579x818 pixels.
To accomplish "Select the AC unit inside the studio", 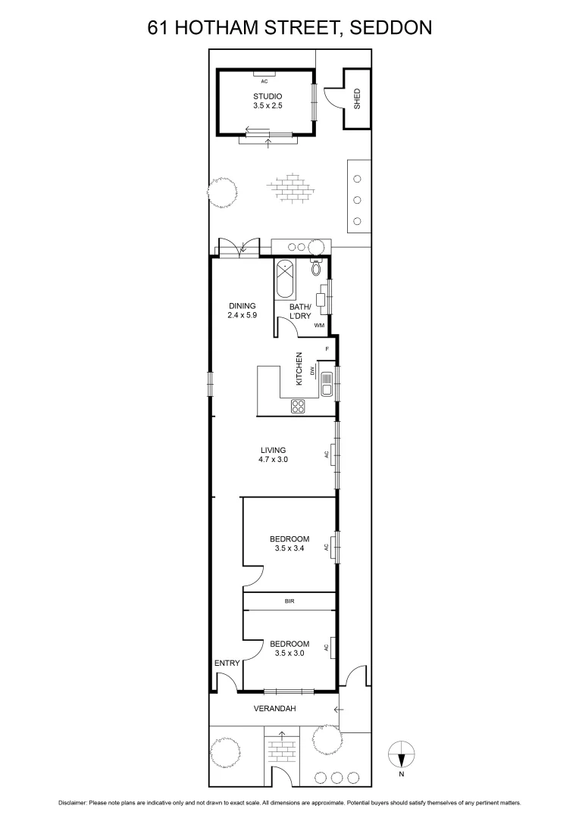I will (x=264, y=80).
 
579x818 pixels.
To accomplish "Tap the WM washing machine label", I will (x=320, y=325).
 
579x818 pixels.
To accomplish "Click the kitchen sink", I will (x=326, y=382).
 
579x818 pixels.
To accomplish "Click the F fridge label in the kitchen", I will (x=327, y=348).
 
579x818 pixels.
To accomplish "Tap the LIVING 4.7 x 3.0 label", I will (x=273, y=454).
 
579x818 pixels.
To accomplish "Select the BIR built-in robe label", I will (x=289, y=601).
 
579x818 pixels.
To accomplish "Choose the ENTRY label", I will (x=227, y=663).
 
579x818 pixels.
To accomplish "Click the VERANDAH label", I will (x=274, y=708).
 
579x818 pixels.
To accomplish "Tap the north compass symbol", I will (x=402, y=755).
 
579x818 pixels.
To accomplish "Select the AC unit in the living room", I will (x=332, y=454).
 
